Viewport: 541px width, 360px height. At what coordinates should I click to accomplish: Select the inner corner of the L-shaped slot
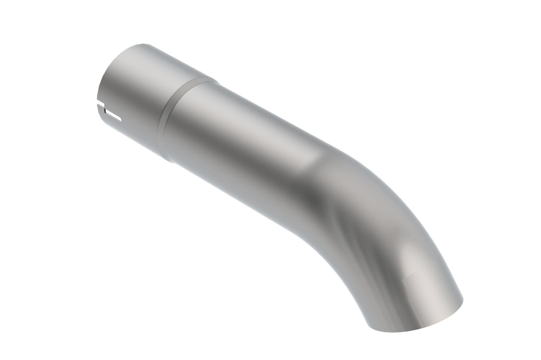(105, 110)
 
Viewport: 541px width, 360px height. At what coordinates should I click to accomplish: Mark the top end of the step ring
(214, 78)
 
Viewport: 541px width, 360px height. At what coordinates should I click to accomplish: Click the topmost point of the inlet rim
(143, 44)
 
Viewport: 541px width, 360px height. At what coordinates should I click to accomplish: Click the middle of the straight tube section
(245, 148)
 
